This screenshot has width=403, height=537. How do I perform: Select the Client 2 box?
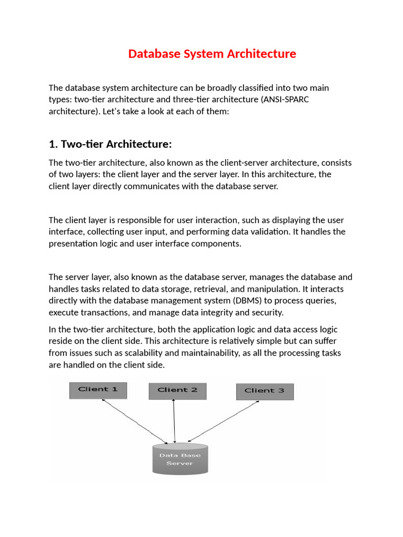[177, 390]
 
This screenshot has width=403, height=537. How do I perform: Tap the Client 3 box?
[264, 391]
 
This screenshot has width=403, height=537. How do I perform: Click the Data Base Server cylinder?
[180, 459]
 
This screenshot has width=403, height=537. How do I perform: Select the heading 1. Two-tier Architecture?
[110, 144]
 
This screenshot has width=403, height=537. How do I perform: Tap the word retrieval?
[211, 288]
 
